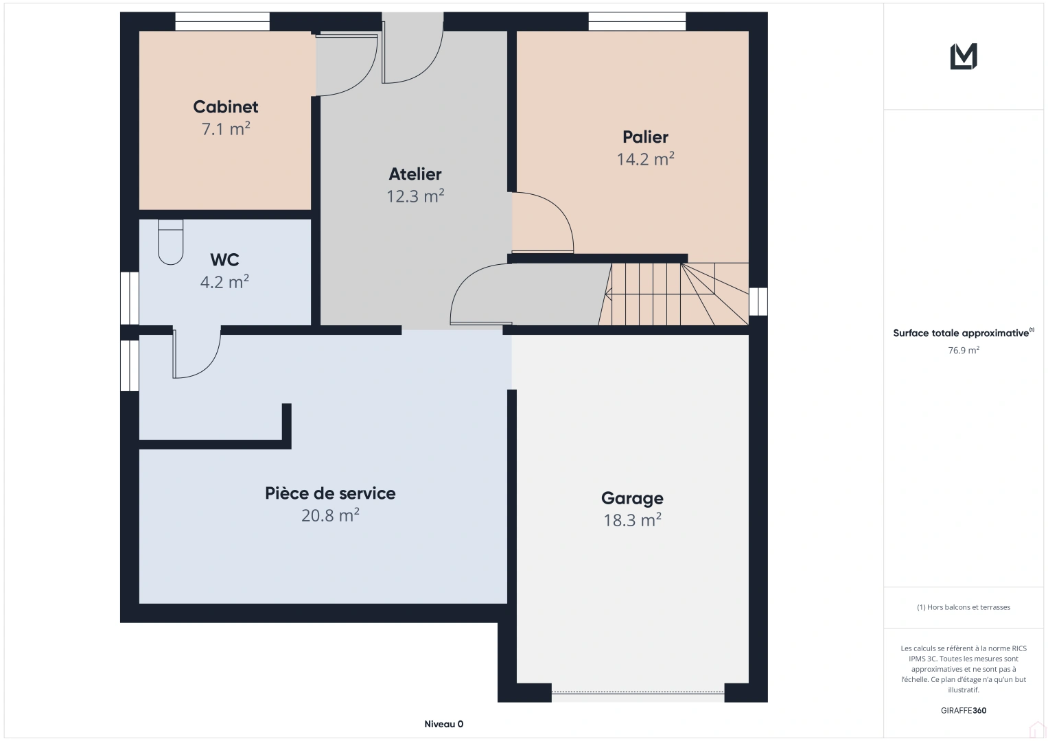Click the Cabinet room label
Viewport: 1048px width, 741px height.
[226, 107]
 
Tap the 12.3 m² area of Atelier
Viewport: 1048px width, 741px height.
[415, 196]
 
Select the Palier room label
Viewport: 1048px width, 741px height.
[645, 137]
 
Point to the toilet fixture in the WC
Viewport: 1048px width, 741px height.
[170, 242]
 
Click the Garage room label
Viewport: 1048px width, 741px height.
[632, 498]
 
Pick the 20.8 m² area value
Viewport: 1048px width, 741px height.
[330, 515]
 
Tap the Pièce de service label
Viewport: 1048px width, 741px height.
[330, 493]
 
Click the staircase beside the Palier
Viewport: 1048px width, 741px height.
[674, 294]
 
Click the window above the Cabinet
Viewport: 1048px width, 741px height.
[222, 21]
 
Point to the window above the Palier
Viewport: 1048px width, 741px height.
[637, 21]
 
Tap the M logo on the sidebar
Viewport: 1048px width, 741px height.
[964, 56]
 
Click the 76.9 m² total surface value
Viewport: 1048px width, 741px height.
[964, 350]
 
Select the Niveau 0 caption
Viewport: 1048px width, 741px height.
[443, 724]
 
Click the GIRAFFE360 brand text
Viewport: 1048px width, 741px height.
[964, 710]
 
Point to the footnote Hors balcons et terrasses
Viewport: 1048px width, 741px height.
[964, 607]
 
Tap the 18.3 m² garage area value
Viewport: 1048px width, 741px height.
[632, 520]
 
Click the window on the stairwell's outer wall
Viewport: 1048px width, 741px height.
[758, 302]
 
